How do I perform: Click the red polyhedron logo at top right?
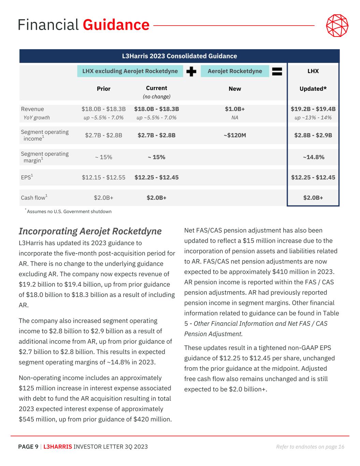337,26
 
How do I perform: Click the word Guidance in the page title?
116,25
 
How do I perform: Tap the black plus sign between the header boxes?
192,71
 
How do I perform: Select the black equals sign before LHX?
277,71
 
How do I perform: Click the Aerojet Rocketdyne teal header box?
235,71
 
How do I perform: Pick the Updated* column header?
313,89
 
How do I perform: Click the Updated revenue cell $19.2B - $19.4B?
313,109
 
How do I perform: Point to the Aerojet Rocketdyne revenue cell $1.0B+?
235,109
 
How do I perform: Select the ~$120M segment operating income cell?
235,135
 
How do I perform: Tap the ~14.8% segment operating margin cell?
313,157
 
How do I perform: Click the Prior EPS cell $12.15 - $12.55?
103,178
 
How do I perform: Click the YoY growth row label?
37,118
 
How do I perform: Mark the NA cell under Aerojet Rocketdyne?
235,118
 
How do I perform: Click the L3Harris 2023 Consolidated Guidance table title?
179,56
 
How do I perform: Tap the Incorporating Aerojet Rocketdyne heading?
90,231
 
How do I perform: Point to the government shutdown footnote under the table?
69,212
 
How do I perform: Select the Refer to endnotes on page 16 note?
310,447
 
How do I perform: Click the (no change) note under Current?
157,97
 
